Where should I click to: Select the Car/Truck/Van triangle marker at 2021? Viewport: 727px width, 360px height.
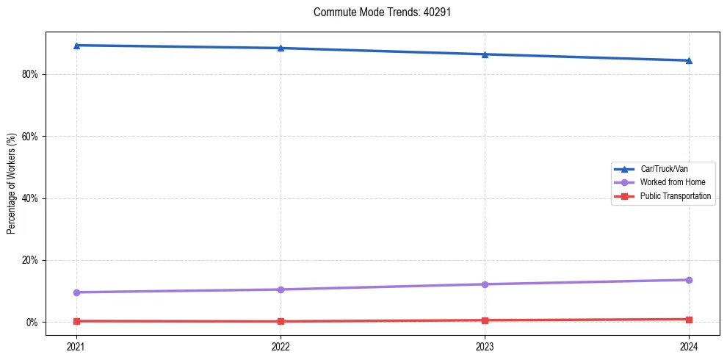(76, 46)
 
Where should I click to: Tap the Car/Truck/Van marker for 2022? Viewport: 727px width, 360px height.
(281, 48)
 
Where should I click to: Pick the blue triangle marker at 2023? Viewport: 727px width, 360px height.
(485, 54)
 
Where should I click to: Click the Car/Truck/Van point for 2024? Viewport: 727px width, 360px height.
(689, 60)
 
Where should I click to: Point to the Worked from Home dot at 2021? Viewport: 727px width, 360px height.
(76, 292)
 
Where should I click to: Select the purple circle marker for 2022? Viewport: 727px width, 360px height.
(281, 289)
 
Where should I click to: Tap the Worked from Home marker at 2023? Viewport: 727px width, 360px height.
(485, 284)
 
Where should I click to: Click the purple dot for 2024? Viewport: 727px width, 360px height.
(689, 280)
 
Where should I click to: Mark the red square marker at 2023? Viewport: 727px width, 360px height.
(485, 320)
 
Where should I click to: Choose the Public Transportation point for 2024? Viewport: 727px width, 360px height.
(689, 320)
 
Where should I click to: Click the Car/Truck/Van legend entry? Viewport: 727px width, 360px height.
(664, 169)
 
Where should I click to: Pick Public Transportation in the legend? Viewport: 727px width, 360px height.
(676, 196)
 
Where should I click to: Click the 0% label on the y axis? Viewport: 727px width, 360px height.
(32, 323)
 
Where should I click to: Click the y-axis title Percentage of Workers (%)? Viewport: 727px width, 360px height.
(11, 184)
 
